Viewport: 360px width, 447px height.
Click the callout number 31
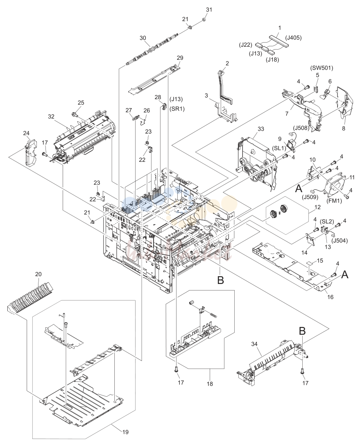click(x=209, y=9)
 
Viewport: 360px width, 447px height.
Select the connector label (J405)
click(x=293, y=37)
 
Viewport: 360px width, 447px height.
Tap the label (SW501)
click(x=322, y=68)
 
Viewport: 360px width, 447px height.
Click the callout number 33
click(x=260, y=129)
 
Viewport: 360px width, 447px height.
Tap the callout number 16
click(x=330, y=297)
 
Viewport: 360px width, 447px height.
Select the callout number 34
click(x=254, y=345)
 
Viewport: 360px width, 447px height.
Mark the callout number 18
click(x=210, y=384)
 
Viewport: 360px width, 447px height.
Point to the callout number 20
click(x=38, y=274)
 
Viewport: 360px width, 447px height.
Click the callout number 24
click(x=26, y=133)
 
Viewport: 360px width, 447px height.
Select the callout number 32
click(x=51, y=116)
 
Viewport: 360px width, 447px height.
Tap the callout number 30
click(x=143, y=38)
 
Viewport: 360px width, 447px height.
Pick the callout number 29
click(x=180, y=58)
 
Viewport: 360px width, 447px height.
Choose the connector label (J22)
click(x=245, y=45)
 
